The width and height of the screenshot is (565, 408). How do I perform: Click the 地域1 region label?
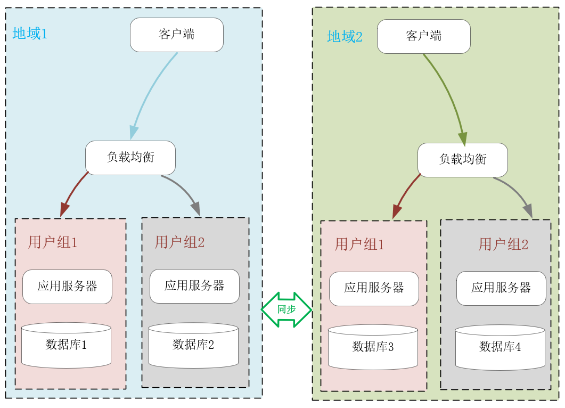click(x=30, y=34)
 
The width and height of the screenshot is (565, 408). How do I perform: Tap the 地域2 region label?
click(x=345, y=37)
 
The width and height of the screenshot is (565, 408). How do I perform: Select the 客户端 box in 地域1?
click(x=177, y=35)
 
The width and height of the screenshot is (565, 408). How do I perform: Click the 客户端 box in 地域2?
click(x=424, y=36)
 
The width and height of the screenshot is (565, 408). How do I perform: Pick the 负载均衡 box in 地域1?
click(x=130, y=158)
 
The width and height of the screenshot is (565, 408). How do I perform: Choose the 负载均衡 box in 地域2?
click(x=463, y=160)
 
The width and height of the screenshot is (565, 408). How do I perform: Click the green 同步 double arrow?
click(x=286, y=309)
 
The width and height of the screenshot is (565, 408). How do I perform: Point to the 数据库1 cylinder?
click(x=66, y=345)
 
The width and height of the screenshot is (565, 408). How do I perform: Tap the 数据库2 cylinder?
click(x=193, y=345)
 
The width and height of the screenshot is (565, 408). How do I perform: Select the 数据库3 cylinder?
click(x=373, y=347)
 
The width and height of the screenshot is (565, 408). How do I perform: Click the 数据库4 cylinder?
click(x=500, y=347)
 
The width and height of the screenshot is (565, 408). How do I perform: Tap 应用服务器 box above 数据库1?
click(x=67, y=287)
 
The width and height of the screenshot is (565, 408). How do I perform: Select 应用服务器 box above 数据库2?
click(x=194, y=286)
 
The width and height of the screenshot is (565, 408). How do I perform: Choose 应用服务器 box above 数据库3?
click(x=374, y=289)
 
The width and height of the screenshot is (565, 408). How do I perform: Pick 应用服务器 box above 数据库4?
click(x=501, y=288)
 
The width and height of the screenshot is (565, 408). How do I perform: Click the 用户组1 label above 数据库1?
click(x=53, y=243)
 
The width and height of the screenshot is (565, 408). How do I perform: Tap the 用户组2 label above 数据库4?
click(x=503, y=244)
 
